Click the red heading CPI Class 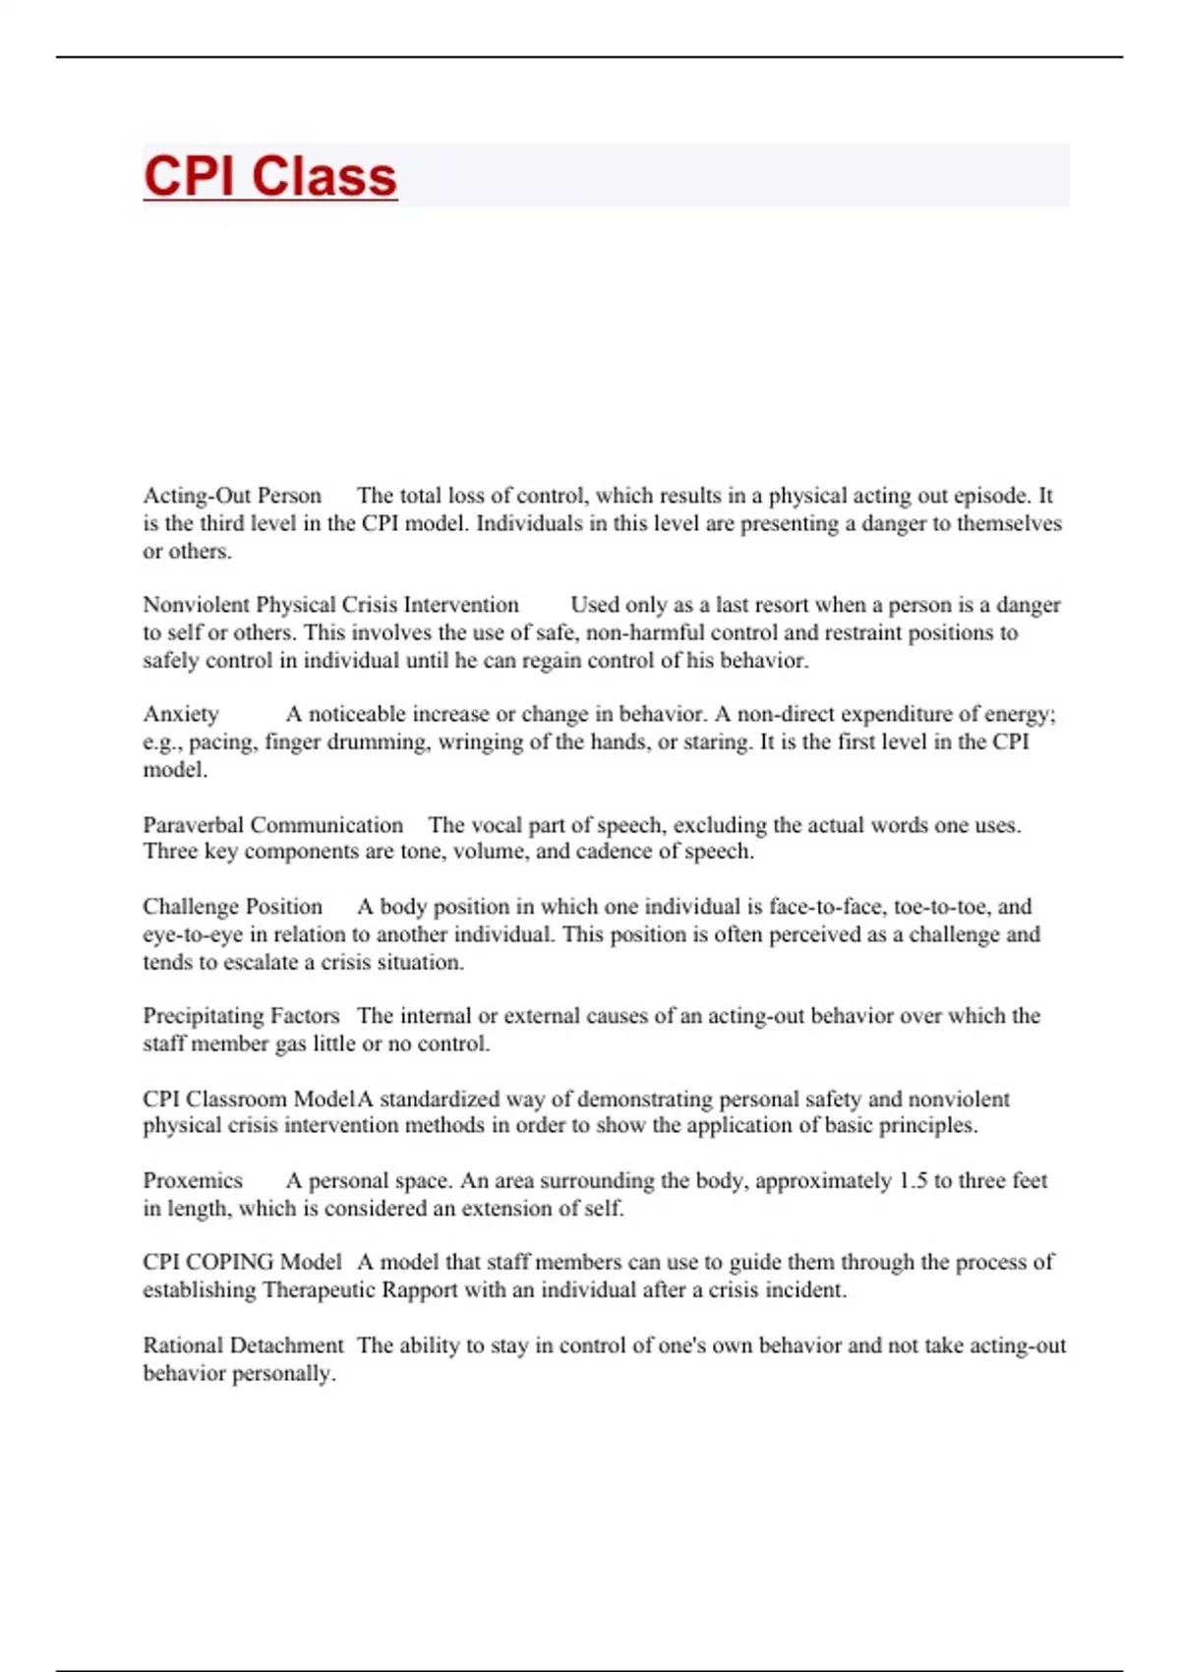point(270,176)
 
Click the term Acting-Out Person point(232,496)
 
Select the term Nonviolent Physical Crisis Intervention point(330,605)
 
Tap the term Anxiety point(181,714)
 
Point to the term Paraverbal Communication point(272,824)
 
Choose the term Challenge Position point(232,906)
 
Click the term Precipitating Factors point(241,1015)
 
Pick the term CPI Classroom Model point(249,1099)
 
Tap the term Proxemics point(193,1180)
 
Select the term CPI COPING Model point(242,1262)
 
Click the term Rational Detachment point(243,1345)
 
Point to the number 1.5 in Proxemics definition point(914,1180)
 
